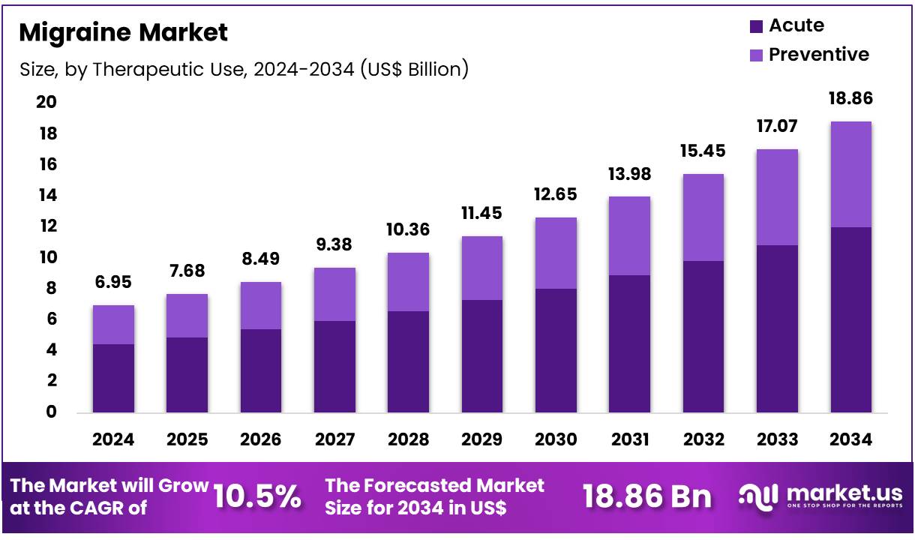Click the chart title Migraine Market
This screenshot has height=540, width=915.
click(123, 32)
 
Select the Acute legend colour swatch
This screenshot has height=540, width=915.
click(756, 26)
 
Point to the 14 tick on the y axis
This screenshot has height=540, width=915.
click(47, 196)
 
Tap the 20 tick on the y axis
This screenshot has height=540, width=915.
click(47, 103)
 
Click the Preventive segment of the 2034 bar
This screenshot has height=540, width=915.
click(850, 174)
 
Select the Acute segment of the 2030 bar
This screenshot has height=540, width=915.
click(556, 350)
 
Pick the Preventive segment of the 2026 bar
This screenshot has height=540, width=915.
click(261, 305)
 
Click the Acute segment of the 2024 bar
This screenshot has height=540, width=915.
click(113, 378)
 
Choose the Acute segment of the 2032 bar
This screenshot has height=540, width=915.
click(703, 337)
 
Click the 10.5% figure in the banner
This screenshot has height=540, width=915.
click(257, 496)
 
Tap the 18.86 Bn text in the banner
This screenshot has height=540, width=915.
click(646, 496)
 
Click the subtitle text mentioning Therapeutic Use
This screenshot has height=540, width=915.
click(244, 70)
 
